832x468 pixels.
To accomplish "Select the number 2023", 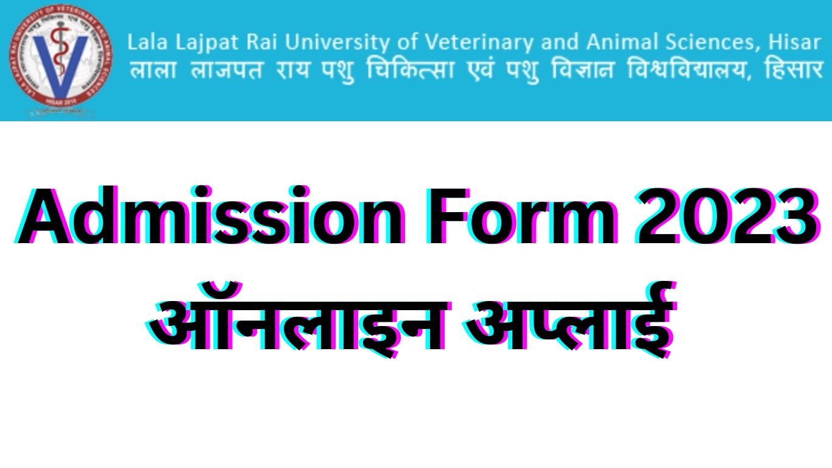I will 725,218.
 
